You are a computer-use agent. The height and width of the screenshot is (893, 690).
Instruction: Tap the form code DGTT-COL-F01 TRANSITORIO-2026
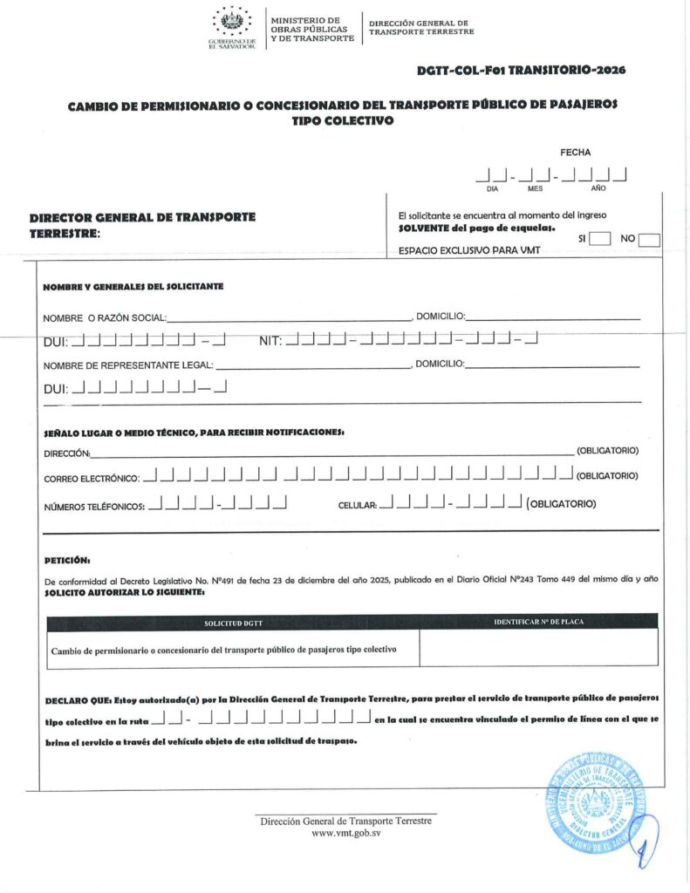[522, 70]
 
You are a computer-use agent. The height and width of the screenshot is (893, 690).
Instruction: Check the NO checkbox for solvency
[649, 240]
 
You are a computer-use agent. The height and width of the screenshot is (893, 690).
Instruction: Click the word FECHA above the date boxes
[576, 153]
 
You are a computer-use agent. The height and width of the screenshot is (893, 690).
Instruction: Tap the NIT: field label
[270, 340]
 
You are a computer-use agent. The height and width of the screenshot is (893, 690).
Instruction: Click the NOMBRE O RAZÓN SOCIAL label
[104, 317]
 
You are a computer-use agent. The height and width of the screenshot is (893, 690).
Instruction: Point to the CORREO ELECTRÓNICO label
[91, 478]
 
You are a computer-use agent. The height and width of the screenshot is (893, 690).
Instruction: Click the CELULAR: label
[357, 505]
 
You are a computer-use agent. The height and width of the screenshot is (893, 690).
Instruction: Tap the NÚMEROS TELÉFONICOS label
[94, 506]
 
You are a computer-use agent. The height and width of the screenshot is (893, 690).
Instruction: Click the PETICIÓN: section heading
[67, 560]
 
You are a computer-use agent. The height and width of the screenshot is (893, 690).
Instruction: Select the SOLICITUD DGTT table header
[233, 623]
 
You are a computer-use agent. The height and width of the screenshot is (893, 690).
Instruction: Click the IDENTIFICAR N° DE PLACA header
[538, 622]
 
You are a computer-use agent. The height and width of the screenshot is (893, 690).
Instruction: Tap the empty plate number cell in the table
[538, 648]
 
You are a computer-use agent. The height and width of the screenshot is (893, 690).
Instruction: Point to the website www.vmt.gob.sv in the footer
[345, 834]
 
